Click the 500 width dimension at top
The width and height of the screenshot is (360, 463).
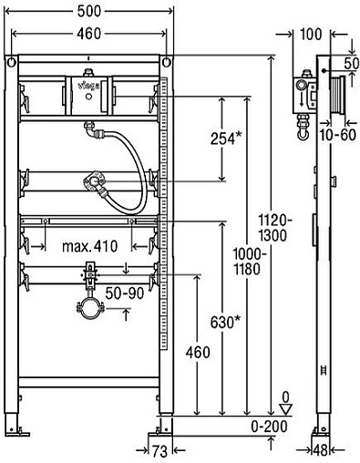[x=88, y=12]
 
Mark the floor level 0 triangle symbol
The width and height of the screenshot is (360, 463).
[x=285, y=407]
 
